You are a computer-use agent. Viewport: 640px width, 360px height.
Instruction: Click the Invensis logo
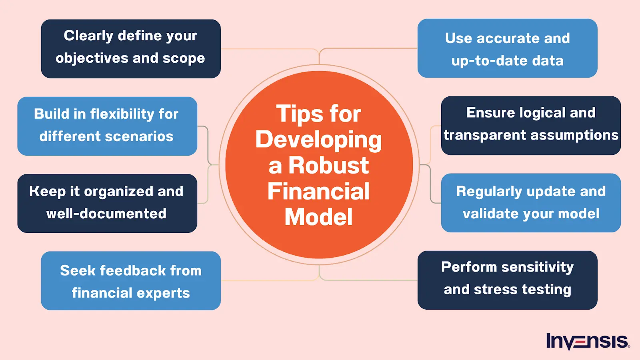point(588,341)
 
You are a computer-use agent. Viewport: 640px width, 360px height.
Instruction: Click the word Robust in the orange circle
point(328,166)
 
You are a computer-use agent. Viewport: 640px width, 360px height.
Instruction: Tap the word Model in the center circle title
point(318,217)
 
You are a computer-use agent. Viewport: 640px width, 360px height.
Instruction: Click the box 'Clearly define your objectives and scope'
point(131,49)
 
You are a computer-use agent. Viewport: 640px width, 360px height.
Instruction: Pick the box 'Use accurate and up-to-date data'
point(507,48)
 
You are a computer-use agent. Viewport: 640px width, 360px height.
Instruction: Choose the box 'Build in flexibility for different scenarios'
point(107,126)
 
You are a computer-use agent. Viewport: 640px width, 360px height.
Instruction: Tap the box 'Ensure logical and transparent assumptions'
point(531,126)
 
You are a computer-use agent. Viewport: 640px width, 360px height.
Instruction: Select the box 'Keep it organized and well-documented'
point(107,203)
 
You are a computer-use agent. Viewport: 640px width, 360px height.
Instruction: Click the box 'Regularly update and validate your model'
point(531,203)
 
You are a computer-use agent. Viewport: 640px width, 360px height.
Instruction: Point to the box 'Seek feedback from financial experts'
point(131,281)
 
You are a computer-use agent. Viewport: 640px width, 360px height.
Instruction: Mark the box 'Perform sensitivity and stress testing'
point(507,280)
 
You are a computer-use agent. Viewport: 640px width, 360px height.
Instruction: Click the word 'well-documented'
point(106,214)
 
